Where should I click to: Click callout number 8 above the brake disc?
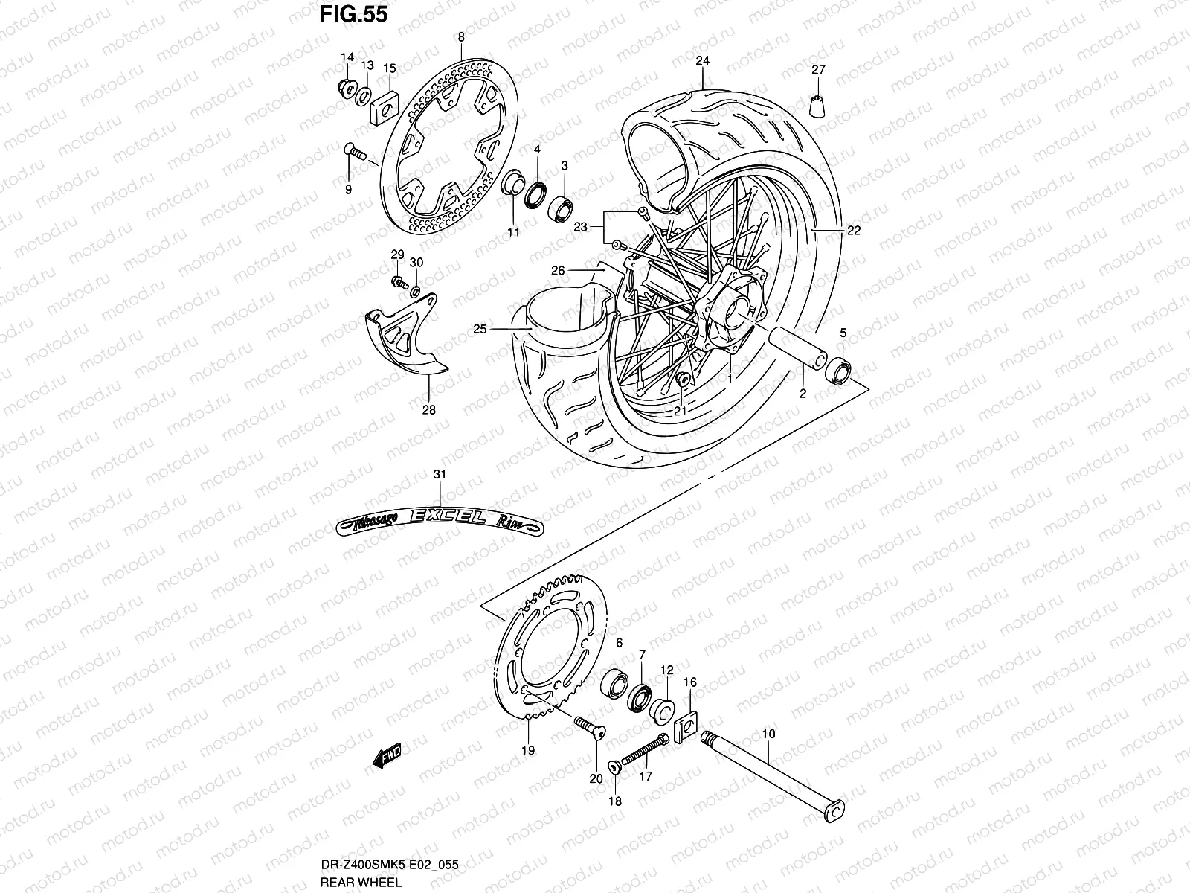(460, 36)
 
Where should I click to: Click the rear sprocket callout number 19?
(527, 750)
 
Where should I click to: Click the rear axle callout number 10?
(768, 734)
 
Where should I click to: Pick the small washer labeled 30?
(415, 290)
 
